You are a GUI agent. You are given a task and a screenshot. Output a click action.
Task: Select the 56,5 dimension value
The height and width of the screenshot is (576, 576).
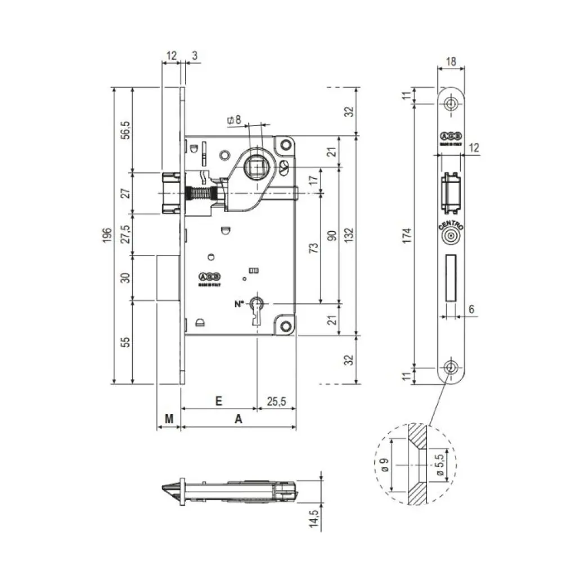point(127,129)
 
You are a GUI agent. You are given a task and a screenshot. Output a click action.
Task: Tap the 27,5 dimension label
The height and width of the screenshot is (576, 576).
point(127,233)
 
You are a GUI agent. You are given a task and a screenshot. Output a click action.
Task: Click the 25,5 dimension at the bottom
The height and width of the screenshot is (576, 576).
point(276,401)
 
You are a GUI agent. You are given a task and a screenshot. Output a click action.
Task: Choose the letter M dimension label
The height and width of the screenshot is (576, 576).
point(168,419)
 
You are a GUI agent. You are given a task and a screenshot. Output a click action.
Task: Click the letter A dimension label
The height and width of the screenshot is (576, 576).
point(238,419)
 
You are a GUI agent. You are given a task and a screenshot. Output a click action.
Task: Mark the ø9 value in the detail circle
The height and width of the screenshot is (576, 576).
point(384,465)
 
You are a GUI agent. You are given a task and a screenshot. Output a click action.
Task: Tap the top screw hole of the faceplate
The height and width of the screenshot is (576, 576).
point(451,104)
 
